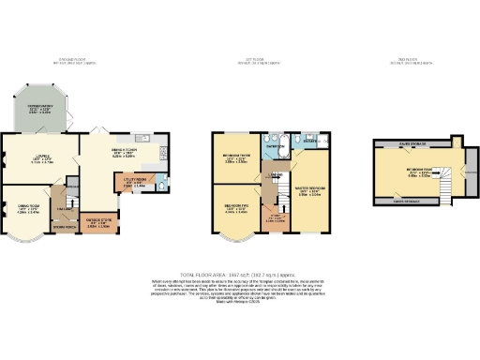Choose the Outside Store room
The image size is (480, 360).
click(97, 223)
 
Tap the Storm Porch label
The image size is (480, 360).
click(64, 227)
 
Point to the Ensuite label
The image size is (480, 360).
click(309, 146)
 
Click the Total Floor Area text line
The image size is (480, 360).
click(239, 269)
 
